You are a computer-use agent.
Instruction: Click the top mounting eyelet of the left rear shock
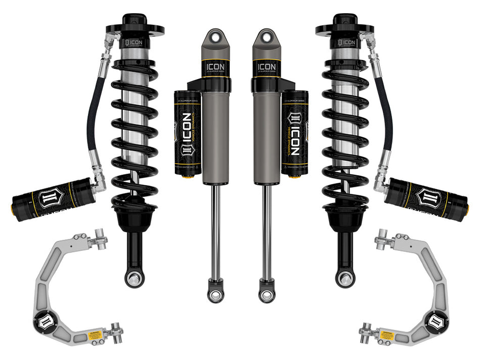(x=217, y=37)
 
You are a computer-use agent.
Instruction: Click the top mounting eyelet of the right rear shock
(x=264, y=37)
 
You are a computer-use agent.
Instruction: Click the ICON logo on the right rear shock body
(x=266, y=67)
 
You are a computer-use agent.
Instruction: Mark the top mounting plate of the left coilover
(x=135, y=29)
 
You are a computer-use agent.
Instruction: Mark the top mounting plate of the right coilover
(x=345, y=29)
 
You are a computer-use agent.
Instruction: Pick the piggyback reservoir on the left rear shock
(x=187, y=132)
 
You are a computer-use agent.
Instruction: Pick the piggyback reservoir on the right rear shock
(x=295, y=132)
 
